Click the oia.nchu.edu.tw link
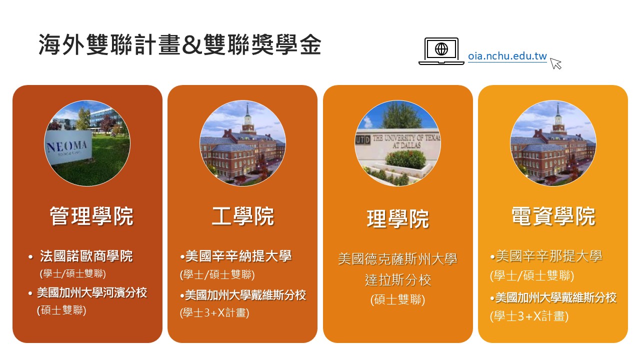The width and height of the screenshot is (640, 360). [x=507, y=56]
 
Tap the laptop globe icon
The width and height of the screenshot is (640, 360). [x=441, y=51]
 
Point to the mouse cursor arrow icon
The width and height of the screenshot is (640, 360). [x=555, y=63]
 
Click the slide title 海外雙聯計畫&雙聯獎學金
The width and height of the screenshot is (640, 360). [x=180, y=44]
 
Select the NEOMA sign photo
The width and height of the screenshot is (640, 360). [x=87, y=143]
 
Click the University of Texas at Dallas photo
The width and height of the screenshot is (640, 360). [x=397, y=143]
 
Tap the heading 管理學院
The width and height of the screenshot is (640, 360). [x=91, y=216]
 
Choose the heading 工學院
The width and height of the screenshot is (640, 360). [x=243, y=216]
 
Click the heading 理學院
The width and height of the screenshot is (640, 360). [x=397, y=219]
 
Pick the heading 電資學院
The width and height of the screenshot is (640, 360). [x=553, y=216]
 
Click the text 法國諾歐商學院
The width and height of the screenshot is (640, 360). [x=86, y=256]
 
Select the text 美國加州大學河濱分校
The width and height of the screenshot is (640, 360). [x=92, y=293]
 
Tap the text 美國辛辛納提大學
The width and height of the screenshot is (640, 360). [x=238, y=256]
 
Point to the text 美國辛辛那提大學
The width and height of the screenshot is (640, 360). [x=549, y=256]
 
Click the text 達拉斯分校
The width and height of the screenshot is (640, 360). [x=397, y=280]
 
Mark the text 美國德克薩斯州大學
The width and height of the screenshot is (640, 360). [x=397, y=259]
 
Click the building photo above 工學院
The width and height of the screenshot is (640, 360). [x=242, y=143]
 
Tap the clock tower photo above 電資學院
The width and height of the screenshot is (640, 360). [x=553, y=143]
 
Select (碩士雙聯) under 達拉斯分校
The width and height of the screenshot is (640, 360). [x=397, y=300]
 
